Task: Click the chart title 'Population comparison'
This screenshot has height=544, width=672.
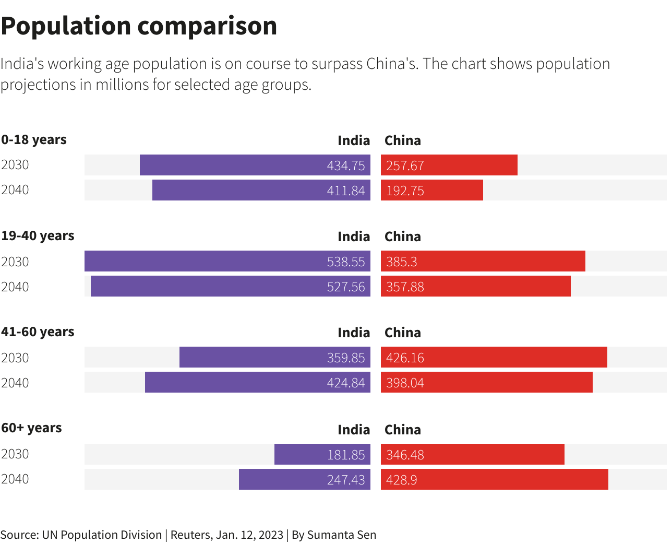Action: [x=139, y=26]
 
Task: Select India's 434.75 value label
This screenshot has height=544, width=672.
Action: [x=345, y=165]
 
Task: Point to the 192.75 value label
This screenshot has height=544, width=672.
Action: [x=405, y=191]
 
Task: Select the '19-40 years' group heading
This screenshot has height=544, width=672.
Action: [x=38, y=236]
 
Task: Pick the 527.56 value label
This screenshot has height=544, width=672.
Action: [x=345, y=287]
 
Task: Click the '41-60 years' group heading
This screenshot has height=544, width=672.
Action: [x=38, y=332]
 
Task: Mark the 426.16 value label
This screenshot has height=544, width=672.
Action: [x=405, y=358]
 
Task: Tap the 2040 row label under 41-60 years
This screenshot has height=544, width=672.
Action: [x=15, y=383]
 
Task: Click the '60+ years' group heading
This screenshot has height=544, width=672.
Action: [x=31, y=428]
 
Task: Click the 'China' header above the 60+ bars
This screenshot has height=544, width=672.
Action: [x=402, y=430]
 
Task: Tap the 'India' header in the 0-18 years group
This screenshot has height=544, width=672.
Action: [x=353, y=140]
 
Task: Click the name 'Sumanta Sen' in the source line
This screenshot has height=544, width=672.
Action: [x=341, y=535]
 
